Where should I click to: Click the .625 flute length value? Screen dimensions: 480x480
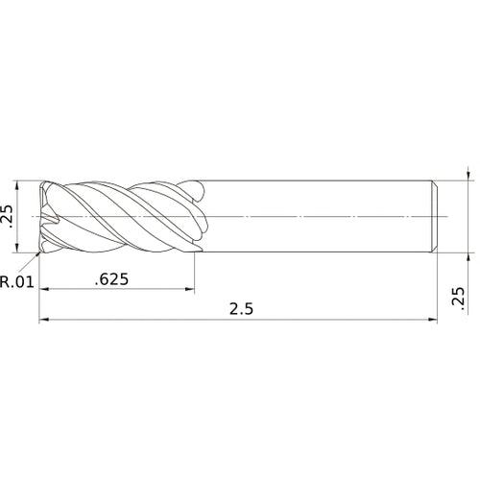click(x=113, y=279)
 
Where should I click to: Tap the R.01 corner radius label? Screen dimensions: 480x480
click(x=17, y=282)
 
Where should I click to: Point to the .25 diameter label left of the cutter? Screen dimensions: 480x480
click(x=9, y=217)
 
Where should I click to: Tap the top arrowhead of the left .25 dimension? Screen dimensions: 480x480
click(x=19, y=184)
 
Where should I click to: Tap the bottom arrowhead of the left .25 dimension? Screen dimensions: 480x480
click(x=19, y=248)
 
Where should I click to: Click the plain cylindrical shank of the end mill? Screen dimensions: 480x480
click(x=317, y=216)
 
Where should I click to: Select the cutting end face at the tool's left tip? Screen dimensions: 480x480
click(x=44, y=217)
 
